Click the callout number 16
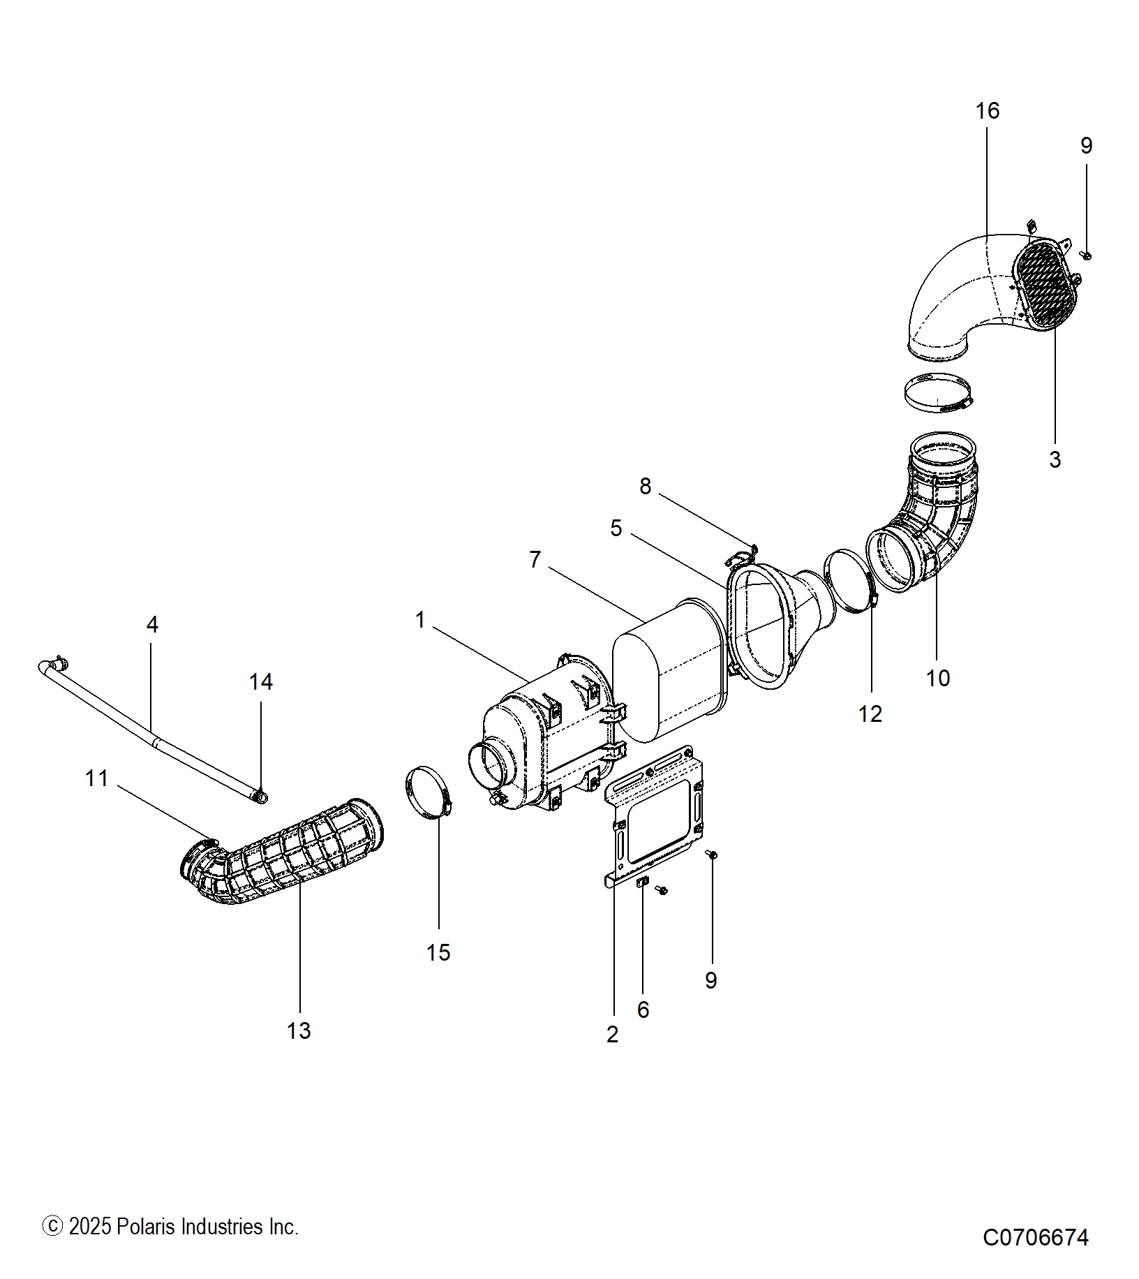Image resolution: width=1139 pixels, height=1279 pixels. click(987, 111)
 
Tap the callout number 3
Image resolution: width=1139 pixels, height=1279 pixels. click(1055, 460)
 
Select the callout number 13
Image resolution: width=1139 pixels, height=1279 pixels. click(299, 1030)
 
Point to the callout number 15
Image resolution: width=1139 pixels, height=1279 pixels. click(438, 952)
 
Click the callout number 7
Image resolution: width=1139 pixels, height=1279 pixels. click(535, 559)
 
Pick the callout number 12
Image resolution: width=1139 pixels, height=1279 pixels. click(870, 714)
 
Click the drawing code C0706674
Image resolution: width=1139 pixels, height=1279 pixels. click(1035, 1237)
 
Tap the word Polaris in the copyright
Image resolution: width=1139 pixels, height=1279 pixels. click(147, 1227)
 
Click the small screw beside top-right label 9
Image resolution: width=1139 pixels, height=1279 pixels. click(1085, 256)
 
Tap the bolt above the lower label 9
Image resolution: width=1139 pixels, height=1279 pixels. click(711, 854)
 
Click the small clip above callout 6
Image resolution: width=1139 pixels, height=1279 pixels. click(643, 883)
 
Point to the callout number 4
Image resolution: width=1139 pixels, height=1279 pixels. click(152, 624)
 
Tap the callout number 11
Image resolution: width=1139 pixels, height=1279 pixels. click(96, 778)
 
